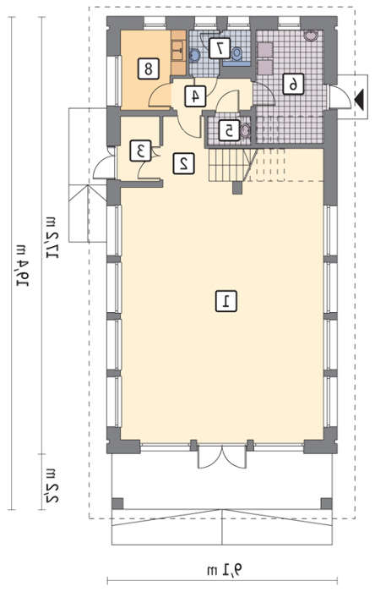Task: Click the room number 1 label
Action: click(x=226, y=301)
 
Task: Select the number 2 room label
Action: click(x=183, y=163)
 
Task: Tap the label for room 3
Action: click(x=141, y=151)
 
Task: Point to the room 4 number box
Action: click(x=195, y=96)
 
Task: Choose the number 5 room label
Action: click(x=229, y=130)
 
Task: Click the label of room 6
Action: click(x=293, y=84)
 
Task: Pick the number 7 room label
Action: click(x=220, y=48)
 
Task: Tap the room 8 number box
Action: click(x=148, y=69)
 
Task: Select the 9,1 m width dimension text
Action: click(x=225, y=569)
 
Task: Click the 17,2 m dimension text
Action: click(x=52, y=238)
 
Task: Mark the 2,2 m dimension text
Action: click(x=52, y=485)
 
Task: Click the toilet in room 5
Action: click(x=245, y=130)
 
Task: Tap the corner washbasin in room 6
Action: click(x=312, y=36)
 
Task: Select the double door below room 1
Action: click(x=222, y=458)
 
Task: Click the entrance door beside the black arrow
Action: click(x=340, y=98)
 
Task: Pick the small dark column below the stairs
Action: click(x=237, y=188)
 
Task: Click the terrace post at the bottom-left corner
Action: click(x=117, y=504)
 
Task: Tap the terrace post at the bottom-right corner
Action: click(x=326, y=504)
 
